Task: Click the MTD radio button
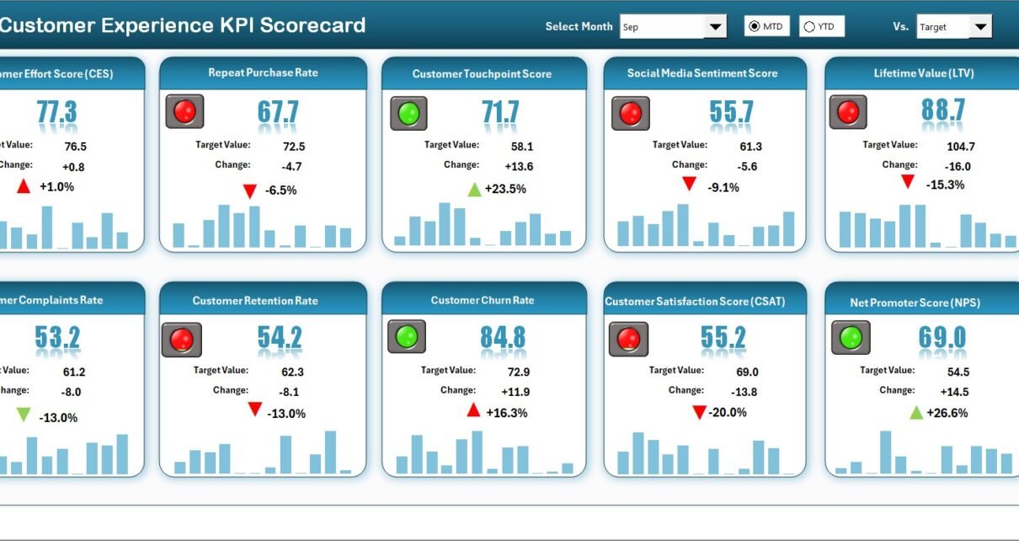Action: click(754, 27)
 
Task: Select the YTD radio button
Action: click(809, 27)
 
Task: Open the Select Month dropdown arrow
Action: click(715, 27)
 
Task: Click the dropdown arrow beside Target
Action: click(979, 27)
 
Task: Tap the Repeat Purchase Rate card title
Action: click(263, 73)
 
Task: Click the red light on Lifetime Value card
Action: click(848, 112)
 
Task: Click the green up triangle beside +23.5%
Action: click(475, 190)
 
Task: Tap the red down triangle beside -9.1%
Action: click(689, 183)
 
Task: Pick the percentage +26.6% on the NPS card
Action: click(947, 413)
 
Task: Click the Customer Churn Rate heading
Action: click(483, 301)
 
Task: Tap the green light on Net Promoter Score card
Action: click(851, 338)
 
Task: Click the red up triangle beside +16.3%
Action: click(473, 410)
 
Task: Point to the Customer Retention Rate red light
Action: click(182, 340)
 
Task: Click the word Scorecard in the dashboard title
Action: click(312, 25)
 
